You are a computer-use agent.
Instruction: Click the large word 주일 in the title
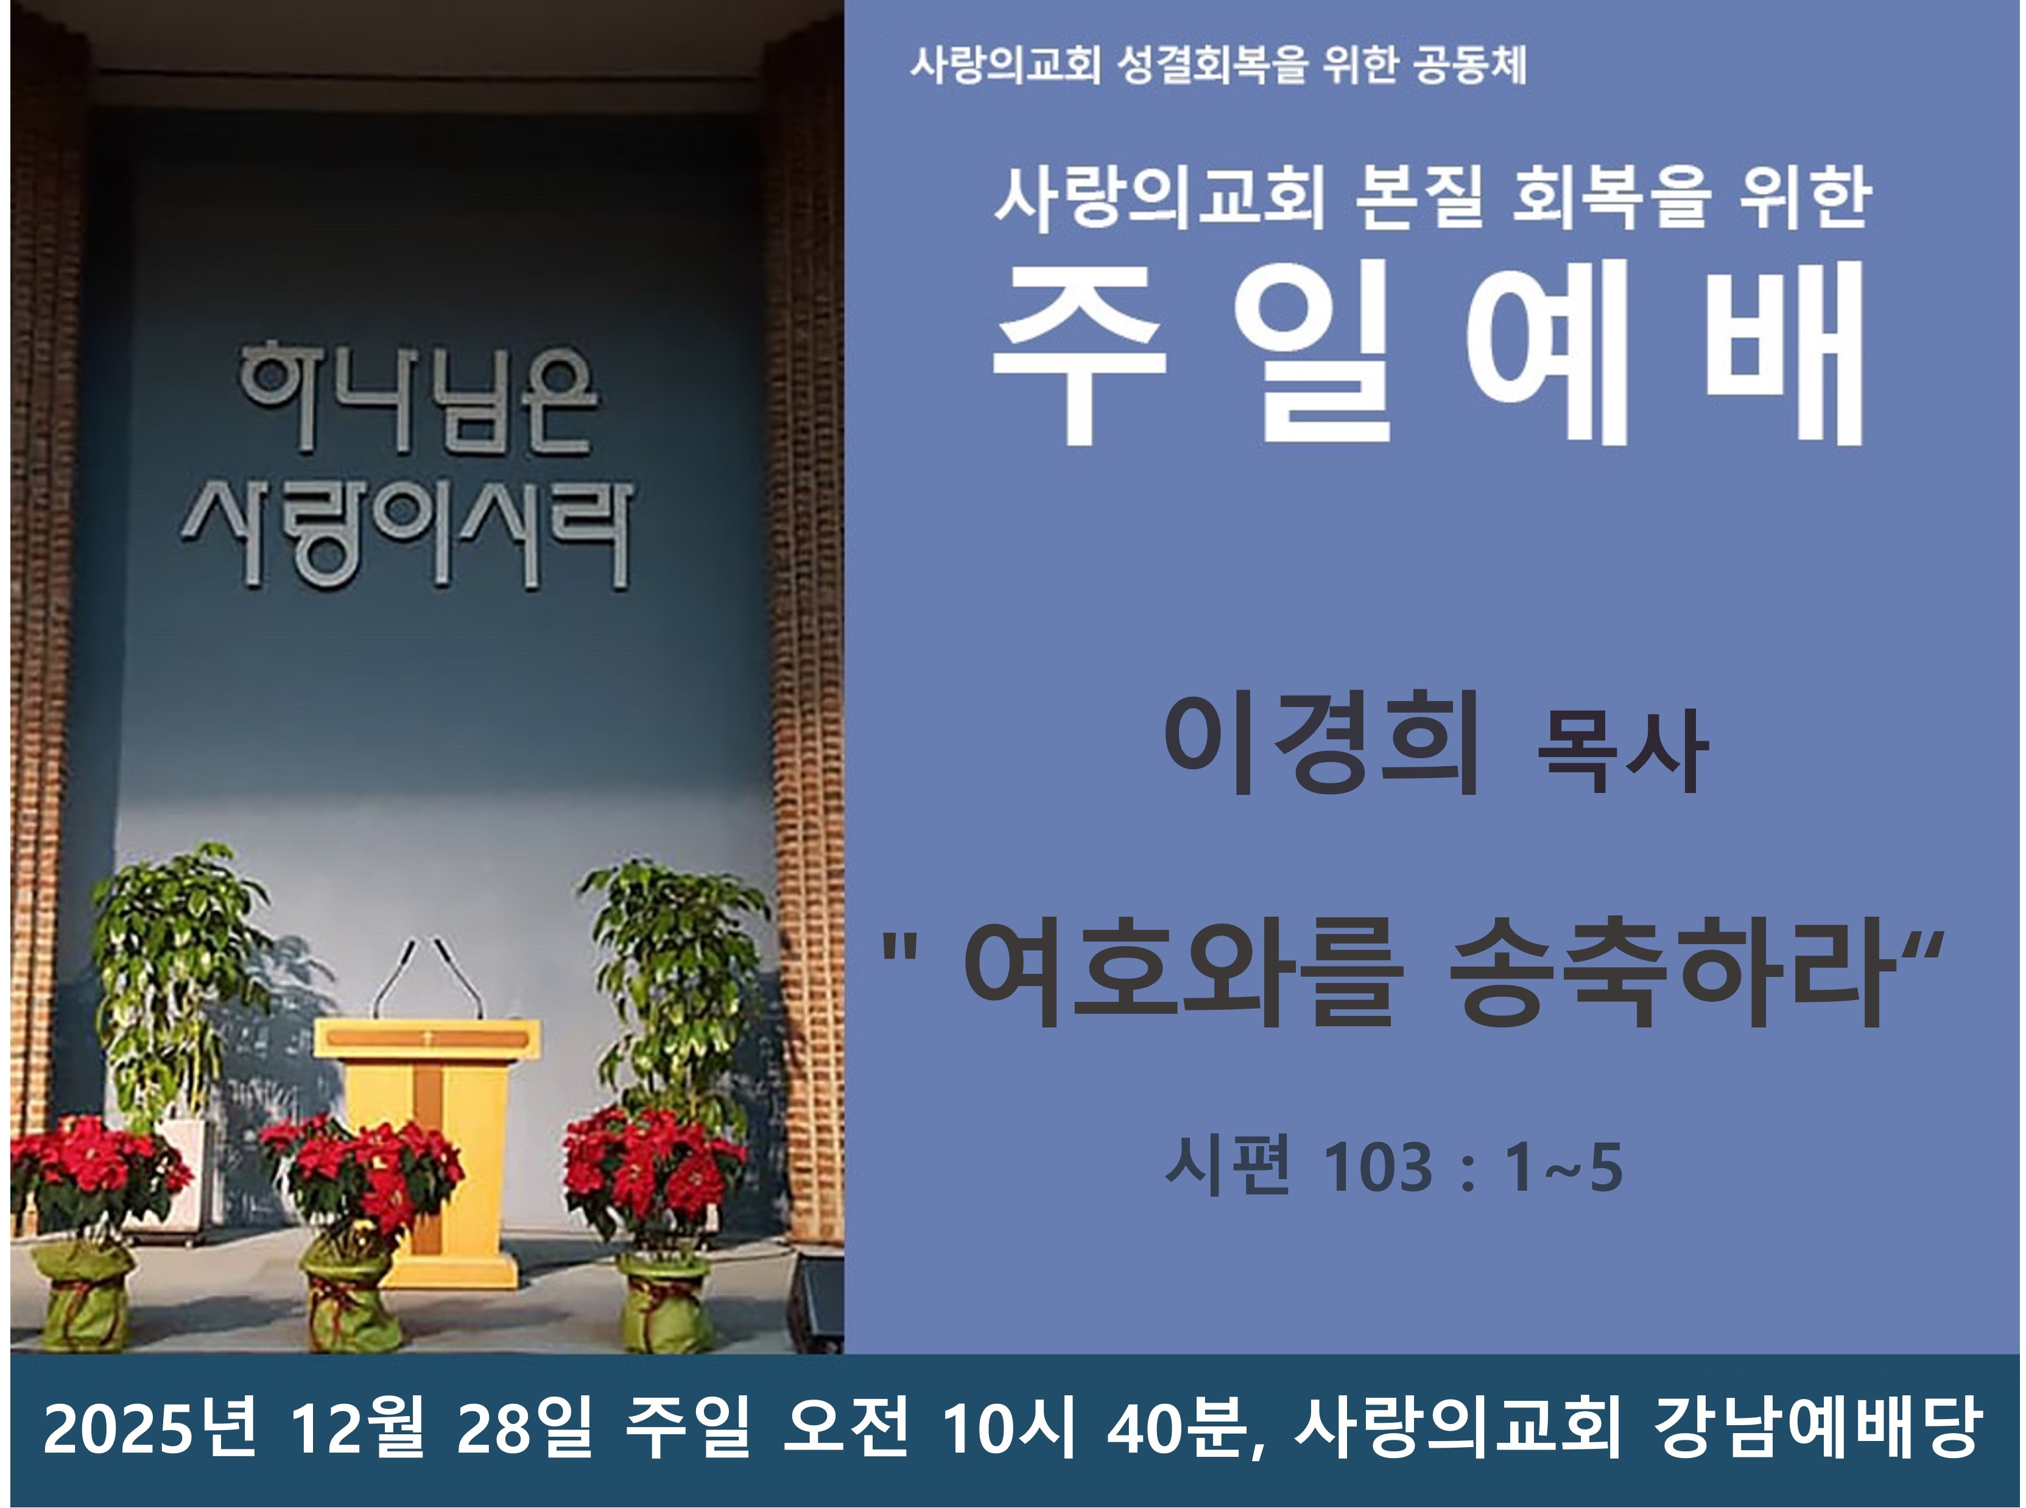tap(1192, 353)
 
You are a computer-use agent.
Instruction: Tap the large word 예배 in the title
tap(1665, 353)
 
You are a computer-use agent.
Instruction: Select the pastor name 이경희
tap(1321, 744)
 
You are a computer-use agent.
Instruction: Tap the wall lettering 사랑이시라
tap(407, 534)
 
